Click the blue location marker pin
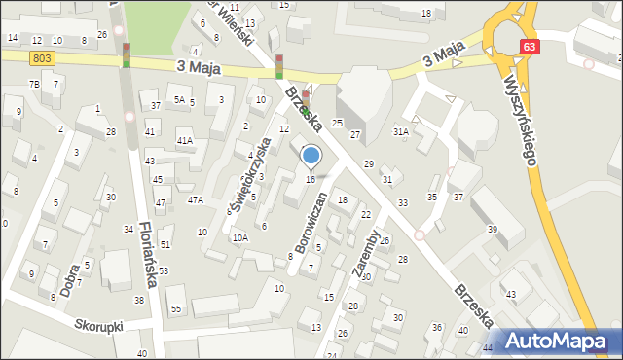pos(311,156)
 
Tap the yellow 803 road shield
pos(41,59)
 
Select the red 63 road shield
pos(529,47)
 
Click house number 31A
pos(400,131)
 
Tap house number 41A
pos(184,141)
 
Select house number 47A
pos(196,199)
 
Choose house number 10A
pos(239,237)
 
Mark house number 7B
pos(34,85)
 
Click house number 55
pos(176,308)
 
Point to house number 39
pos(493,229)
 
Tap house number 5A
pos(178,99)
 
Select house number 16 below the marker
pos(311,179)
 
